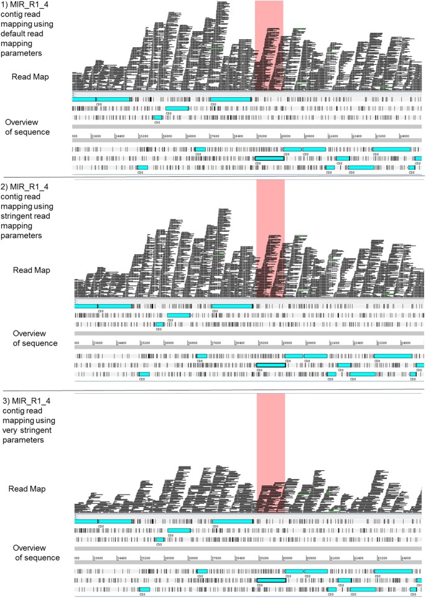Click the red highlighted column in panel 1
click(269, 44)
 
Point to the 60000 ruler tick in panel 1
click(287, 136)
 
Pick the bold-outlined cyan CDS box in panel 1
click(269, 159)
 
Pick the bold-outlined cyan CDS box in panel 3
click(271, 580)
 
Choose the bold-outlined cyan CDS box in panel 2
click(271, 365)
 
